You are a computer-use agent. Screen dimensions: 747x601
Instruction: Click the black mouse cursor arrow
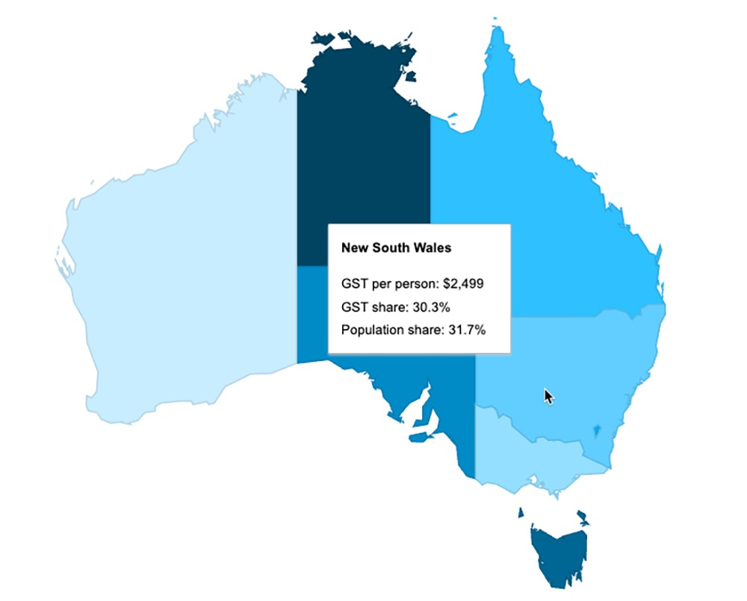pos(549,396)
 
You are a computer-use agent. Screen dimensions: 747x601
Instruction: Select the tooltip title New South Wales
pos(396,247)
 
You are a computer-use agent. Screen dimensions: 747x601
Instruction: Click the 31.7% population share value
pos(465,329)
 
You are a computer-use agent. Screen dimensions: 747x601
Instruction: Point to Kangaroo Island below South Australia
pos(421,438)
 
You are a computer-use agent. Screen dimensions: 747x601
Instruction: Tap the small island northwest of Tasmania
pos(521,513)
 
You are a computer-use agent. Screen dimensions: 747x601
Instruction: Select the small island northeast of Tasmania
pos(581,516)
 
